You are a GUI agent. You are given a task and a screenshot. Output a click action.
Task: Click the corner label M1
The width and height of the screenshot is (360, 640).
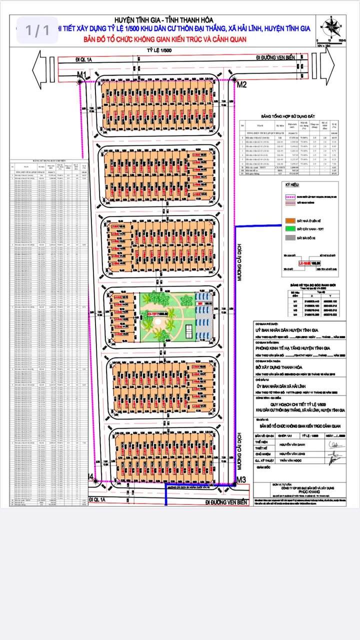point(81,75)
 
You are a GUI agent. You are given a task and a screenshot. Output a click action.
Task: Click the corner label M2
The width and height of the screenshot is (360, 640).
point(241,84)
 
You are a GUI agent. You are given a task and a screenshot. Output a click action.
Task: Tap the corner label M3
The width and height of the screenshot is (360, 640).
point(241,480)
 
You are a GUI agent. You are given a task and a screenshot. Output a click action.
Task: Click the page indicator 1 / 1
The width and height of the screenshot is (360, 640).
point(38,30)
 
